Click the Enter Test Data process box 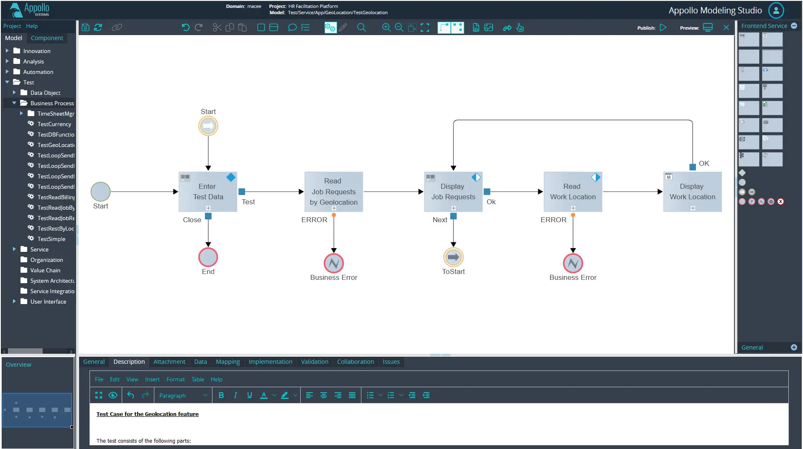pyautogui.click(x=208, y=192)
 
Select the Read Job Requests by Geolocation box pyautogui.click(x=334, y=192)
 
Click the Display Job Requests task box pyautogui.click(x=453, y=192)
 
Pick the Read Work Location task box pyautogui.click(x=573, y=192)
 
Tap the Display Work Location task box pyautogui.click(x=693, y=192)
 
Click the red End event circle pyautogui.click(x=208, y=257)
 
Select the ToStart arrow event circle pyautogui.click(x=453, y=257)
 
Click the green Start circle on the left pyautogui.click(x=101, y=192)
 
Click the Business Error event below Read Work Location pyautogui.click(x=573, y=263)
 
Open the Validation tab pyautogui.click(x=315, y=362)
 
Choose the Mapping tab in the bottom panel pyautogui.click(x=228, y=362)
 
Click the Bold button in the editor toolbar pyautogui.click(x=221, y=395)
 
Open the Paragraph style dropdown pyautogui.click(x=183, y=396)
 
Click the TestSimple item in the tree pyautogui.click(x=51, y=239)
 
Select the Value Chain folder pyautogui.click(x=45, y=270)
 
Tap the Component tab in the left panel pyautogui.click(x=47, y=38)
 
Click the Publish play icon pyautogui.click(x=663, y=28)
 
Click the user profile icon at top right pyautogui.click(x=776, y=10)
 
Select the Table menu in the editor pyautogui.click(x=198, y=379)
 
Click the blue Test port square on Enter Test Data pyautogui.click(x=242, y=192)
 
